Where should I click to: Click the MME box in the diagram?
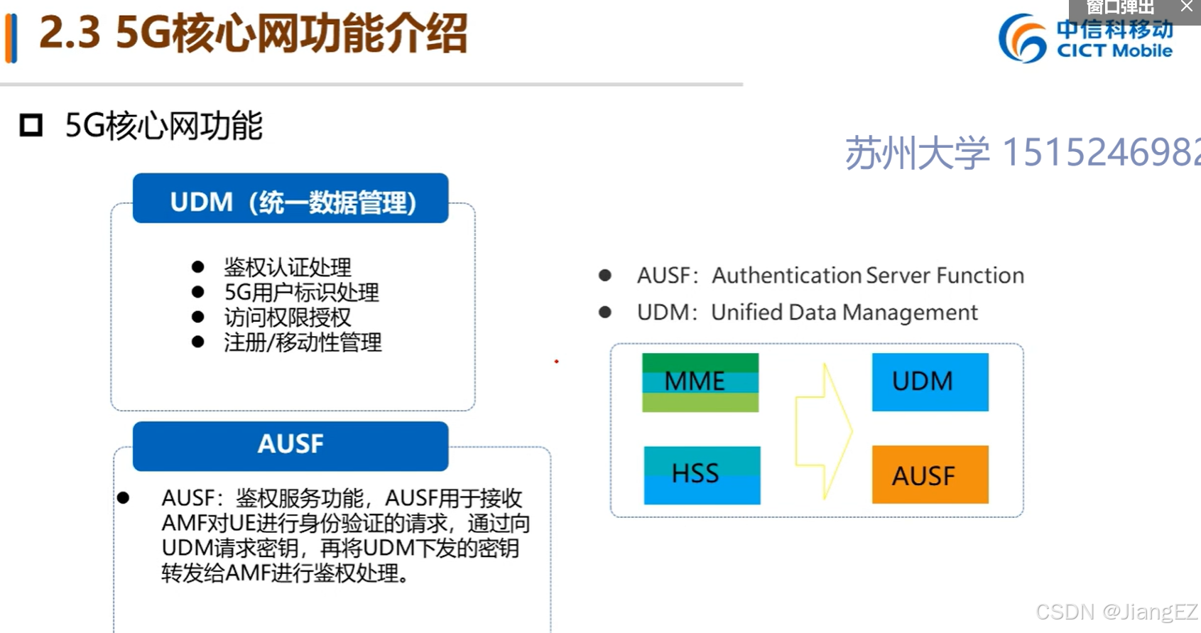coord(700,382)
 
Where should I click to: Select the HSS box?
coord(701,475)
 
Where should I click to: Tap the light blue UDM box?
coord(930,382)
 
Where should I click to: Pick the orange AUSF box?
coord(930,475)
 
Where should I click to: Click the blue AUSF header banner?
coord(290,445)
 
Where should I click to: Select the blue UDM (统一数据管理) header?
coord(290,200)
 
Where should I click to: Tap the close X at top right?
coord(1186,7)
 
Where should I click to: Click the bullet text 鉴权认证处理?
coord(287,267)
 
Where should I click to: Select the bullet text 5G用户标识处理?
coord(301,292)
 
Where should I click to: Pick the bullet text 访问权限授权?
coord(287,317)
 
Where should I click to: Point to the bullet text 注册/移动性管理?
coord(303,342)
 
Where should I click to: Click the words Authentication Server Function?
coord(867,276)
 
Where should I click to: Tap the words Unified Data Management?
coord(844,313)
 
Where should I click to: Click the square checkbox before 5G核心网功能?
coord(31,126)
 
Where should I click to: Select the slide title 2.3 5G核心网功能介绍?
coord(253,33)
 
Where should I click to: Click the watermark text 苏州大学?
coord(917,153)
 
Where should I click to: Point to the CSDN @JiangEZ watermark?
coord(1116,612)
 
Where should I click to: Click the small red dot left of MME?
coord(556,362)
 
